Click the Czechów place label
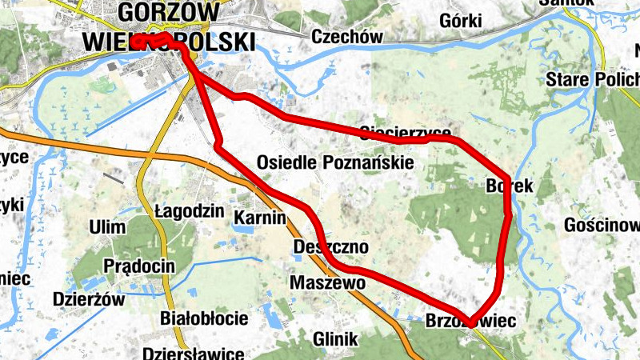(347, 37)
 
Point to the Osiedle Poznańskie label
(335, 162)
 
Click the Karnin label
(260, 217)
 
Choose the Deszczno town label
(331, 247)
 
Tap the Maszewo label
(327, 283)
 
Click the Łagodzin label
(188, 212)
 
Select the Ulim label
(108, 227)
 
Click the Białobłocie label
(204, 318)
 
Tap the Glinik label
(336, 339)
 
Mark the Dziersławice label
(192, 353)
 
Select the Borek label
(509, 186)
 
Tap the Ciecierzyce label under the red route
(406, 132)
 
